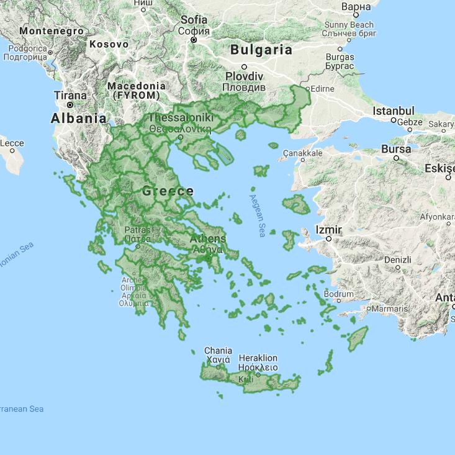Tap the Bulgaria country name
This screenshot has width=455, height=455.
coord(261,50)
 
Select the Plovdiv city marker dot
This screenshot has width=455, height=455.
coord(245,66)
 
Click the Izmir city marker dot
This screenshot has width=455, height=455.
coord(330,238)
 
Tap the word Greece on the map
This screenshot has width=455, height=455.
coord(168,191)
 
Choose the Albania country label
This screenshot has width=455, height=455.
coord(79,118)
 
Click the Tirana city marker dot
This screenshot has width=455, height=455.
coord(70,105)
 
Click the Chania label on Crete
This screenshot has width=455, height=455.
coord(218,350)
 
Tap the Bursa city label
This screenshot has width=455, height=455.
coord(396,150)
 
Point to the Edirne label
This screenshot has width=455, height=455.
coord(322,89)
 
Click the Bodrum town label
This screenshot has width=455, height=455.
coord(339,294)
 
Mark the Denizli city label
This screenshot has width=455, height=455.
coord(398,259)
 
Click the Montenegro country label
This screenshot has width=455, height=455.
coord(51,30)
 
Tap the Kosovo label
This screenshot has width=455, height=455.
coord(109,44)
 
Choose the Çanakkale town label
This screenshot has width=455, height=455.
coord(303,153)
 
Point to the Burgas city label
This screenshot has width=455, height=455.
coord(340,57)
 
